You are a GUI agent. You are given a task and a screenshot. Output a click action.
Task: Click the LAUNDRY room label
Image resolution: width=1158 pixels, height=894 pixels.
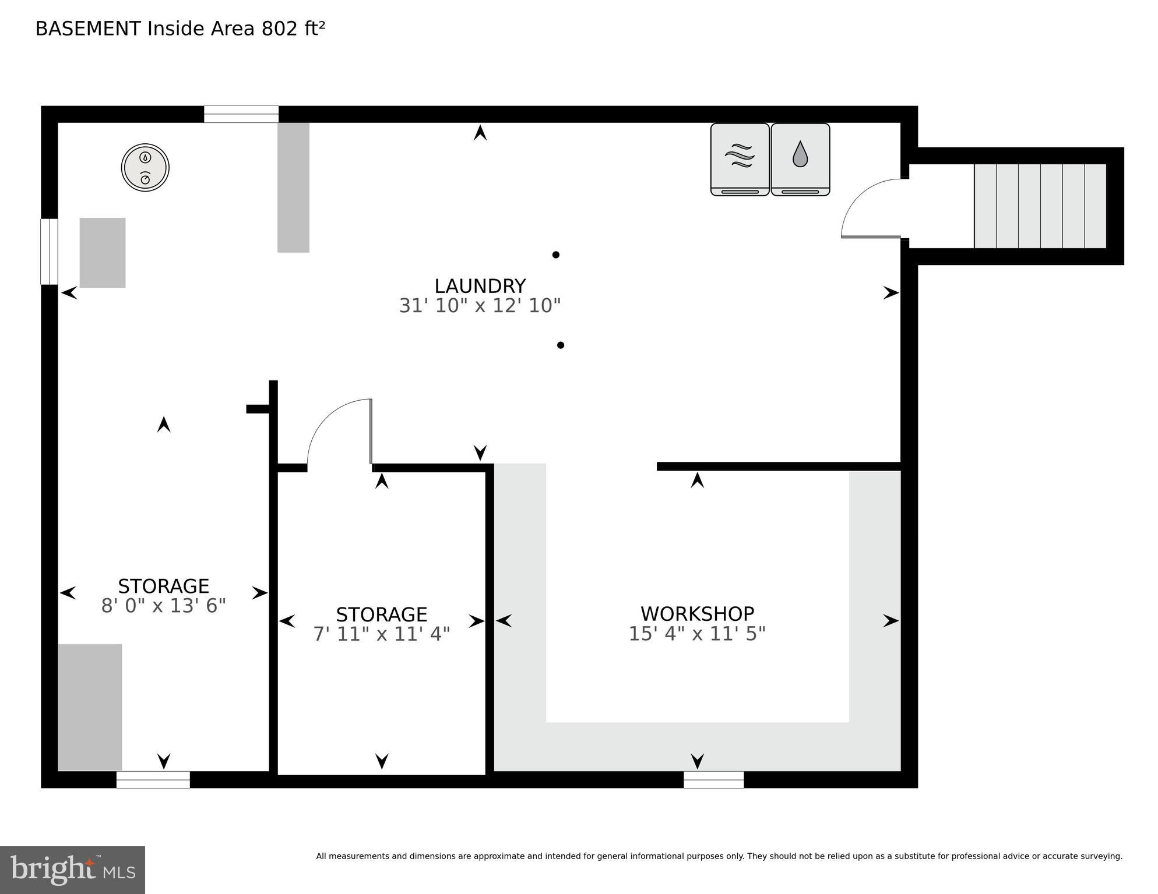(x=480, y=286)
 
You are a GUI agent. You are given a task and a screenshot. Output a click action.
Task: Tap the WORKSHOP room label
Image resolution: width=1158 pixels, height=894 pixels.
(x=697, y=614)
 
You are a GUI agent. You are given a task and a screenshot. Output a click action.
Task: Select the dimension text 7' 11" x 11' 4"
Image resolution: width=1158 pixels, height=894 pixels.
(x=382, y=634)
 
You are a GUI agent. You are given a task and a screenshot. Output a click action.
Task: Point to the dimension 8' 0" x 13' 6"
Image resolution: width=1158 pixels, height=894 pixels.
(x=164, y=606)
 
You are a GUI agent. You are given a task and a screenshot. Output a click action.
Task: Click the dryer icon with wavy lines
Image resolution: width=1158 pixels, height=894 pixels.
(x=740, y=159)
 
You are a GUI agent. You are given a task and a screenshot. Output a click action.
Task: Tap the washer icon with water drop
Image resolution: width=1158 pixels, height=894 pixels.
(x=800, y=159)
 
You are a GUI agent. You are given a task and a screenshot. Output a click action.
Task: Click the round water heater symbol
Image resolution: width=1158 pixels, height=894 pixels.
(x=145, y=167)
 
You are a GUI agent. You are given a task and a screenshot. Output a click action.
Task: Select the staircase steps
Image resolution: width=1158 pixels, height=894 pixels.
(x=1040, y=206)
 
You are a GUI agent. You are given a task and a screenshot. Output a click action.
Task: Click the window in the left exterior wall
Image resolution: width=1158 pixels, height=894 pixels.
(x=49, y=252)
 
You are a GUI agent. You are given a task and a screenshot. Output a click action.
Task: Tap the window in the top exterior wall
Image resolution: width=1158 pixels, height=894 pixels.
(x=241, y=114)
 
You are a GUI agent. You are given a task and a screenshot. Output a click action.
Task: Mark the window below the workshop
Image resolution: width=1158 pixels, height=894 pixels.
(x=713, y=779)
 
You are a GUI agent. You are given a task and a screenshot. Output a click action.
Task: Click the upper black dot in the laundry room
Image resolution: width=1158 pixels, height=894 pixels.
(x=556, y=255)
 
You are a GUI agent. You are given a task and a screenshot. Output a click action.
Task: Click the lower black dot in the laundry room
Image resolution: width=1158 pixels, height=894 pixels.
(x=561, y=345)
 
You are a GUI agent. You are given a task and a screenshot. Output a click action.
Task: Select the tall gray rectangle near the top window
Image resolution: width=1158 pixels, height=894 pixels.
(x=293, y=187)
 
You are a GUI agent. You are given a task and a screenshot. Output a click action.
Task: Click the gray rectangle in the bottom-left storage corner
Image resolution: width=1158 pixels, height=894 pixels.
(x=90, y=707)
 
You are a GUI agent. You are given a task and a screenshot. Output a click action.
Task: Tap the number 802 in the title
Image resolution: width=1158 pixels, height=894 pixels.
(x=280, y=29)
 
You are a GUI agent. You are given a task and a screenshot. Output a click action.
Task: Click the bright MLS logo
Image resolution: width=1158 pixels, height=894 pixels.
(x=72, y=870)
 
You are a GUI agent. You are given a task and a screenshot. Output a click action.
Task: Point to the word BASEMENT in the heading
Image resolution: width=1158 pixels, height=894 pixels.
(x=88, y=29)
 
